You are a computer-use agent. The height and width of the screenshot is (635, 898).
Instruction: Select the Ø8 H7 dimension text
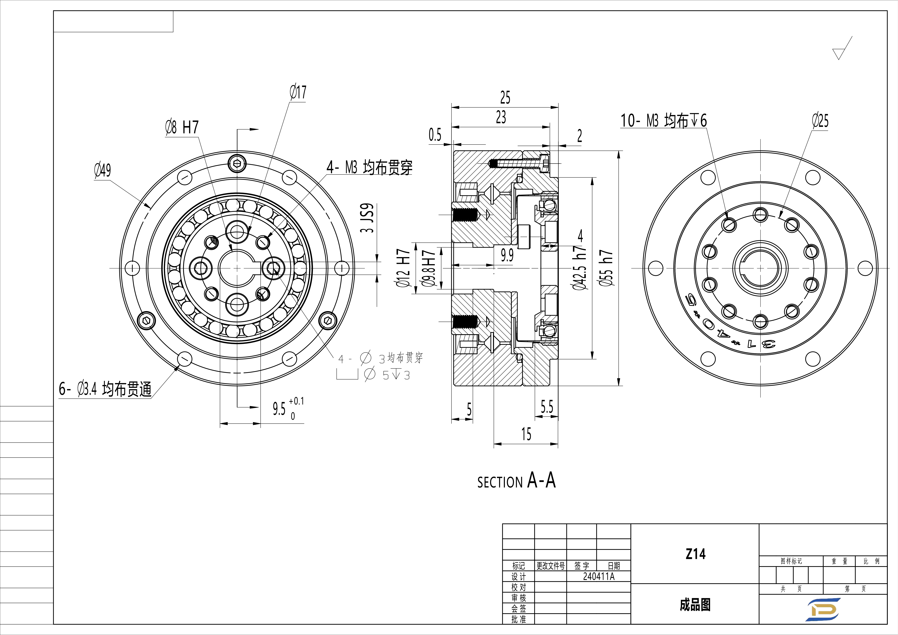point(182,127)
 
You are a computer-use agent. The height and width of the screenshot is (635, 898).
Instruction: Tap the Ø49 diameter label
point(103,170)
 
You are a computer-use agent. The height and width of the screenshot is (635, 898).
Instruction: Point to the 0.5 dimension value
point(435,135)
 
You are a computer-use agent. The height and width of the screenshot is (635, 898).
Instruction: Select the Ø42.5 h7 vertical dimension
point(580,268)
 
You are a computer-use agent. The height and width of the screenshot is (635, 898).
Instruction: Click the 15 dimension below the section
point(526,434)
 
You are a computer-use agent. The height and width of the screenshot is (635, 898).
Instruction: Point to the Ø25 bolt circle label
point(820,121)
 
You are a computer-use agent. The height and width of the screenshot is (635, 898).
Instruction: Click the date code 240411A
point(598,576)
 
